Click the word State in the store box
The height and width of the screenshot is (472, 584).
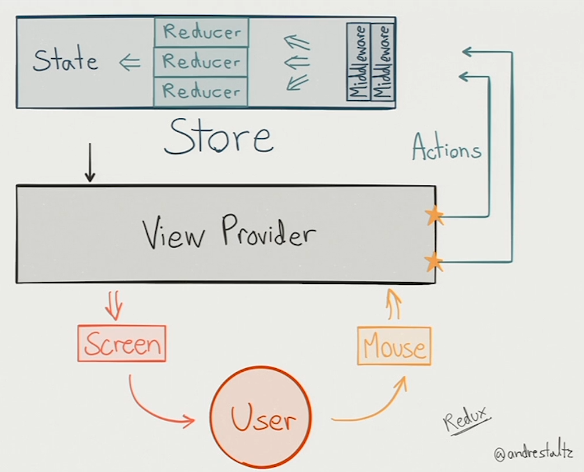65,61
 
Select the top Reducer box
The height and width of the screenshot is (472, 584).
201,31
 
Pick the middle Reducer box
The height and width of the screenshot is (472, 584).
201,61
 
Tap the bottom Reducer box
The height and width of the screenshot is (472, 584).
201,91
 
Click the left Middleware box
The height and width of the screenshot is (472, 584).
358,62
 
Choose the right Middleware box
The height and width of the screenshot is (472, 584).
382,62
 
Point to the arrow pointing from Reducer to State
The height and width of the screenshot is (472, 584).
130,63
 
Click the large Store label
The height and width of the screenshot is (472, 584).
218,138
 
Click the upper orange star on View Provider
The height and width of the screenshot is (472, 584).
433,216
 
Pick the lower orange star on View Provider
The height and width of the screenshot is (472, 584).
433,262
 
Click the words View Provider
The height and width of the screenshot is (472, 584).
229,234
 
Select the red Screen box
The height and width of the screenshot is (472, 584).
122,344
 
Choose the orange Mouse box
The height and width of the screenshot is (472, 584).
394,347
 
